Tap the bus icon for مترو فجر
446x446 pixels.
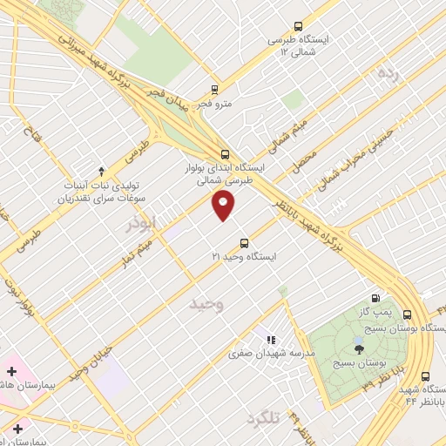(215, 89)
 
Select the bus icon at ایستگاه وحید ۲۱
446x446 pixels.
(243, 243)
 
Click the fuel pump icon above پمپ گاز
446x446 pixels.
(376, 298)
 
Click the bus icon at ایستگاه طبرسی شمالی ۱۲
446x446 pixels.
(299, 26)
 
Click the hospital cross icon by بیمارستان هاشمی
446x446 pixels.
(11, 371)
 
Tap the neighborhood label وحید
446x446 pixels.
(207, 304)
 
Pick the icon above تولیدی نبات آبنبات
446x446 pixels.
(101, 171)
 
